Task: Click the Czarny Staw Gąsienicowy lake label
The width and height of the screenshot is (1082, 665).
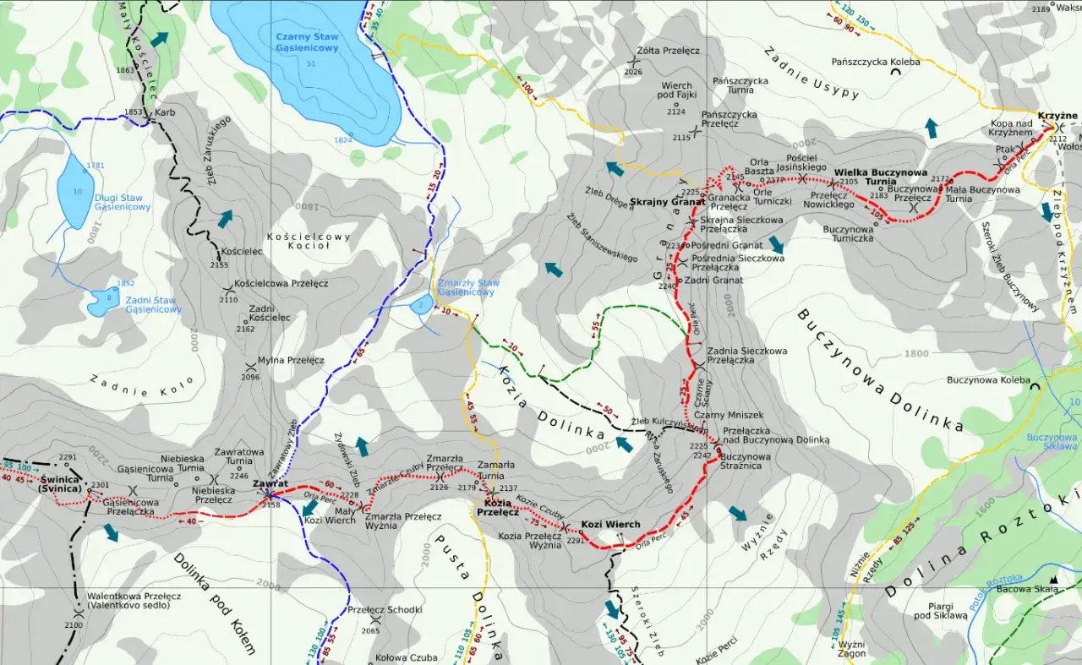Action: (x=307, y=42)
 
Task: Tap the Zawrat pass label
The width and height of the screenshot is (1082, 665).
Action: (x=270, y=483)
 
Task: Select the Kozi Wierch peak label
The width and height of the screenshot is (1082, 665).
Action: (x=610, y=525)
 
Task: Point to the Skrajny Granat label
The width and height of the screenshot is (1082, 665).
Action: (x=679, y=202)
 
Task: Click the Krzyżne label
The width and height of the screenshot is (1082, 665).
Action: (x=1057, y=116)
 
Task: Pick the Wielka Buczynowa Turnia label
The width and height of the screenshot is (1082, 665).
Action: (x=880, y=177)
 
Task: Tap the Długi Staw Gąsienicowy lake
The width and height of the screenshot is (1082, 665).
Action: (x=74, y=190)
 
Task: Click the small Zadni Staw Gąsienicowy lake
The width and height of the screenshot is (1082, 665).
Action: (x=102, y=299)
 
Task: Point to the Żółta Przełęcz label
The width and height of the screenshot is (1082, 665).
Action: (x=669, y=51)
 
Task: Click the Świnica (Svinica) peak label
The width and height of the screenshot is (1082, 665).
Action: (x=60, y=484)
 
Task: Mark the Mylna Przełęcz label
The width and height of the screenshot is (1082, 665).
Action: (x=291, y=360)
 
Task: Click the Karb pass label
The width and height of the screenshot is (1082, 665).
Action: (x=164, y=112)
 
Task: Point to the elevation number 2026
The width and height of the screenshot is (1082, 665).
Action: (x=633, y=72)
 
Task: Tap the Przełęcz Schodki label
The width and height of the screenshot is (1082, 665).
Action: (x=385, y=609)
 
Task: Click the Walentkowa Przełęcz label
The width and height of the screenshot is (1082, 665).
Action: (x=133, y=597)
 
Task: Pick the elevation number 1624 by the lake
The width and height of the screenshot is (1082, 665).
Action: (x=343, y=140)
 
